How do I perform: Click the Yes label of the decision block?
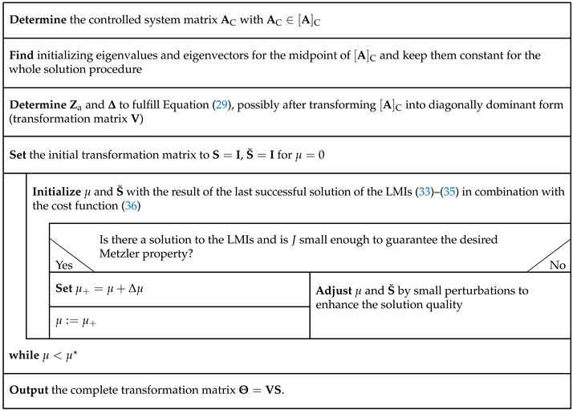click(x=63, y=263)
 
